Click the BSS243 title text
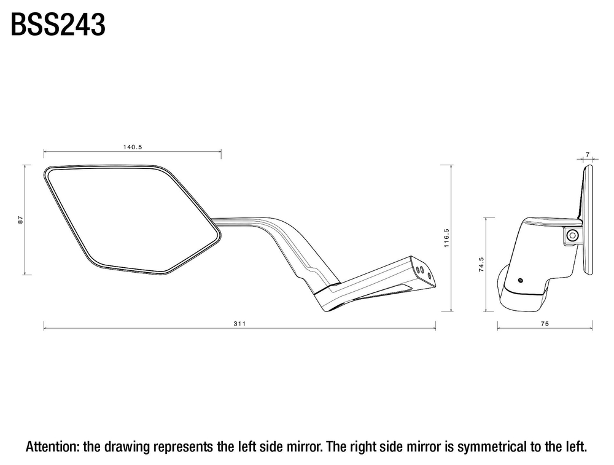click(x=58, y=25)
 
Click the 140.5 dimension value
click(x=133, y=147)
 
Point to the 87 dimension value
click(x=21, y=220)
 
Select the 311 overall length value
click(x=239, y=324)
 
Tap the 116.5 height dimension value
click(x=447, y=238)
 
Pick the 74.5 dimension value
click(x=481, y=264)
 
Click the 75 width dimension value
click(x=545, y=324)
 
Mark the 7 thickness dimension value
click(x=588, y=155)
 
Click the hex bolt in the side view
click(x=573, y=235)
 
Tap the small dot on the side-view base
click(x=521, y=280)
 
